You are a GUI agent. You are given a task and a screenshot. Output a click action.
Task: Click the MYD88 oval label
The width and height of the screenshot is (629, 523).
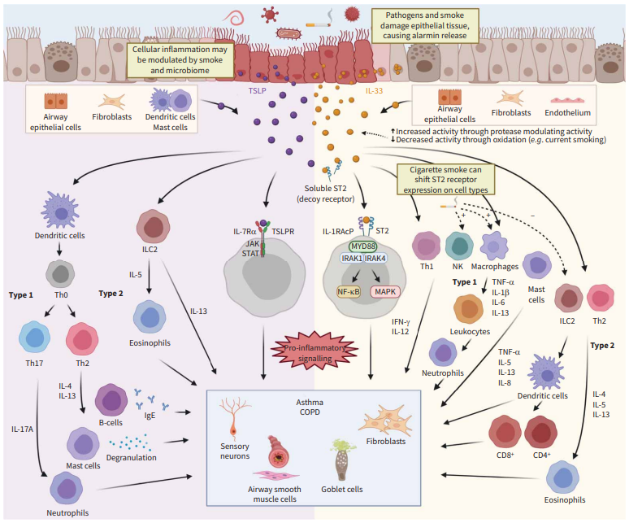click(363, 246)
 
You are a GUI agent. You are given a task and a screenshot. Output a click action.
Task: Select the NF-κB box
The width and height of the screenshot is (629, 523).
click(349, 291)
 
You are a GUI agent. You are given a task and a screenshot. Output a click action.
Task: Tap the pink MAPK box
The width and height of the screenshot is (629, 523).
click(385, 291)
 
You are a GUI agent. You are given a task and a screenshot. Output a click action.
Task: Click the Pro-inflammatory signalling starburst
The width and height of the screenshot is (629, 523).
click(314, 352)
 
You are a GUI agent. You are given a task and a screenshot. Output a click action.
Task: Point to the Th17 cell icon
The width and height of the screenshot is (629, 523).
click(34, 338)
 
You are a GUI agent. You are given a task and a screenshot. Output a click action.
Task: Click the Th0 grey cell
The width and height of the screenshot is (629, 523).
click(60, 274)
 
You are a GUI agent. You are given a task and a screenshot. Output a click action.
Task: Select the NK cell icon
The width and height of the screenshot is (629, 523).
click(459, 246)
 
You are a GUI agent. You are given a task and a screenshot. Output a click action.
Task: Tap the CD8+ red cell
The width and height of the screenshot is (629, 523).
click(505, 432)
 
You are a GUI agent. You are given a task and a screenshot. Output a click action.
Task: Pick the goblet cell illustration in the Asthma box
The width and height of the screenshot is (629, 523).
click(342, 460)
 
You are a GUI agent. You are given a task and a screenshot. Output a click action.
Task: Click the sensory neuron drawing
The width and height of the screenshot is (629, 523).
click(234, 418)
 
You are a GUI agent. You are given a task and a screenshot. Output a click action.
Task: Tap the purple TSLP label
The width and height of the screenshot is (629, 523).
click(257, 91)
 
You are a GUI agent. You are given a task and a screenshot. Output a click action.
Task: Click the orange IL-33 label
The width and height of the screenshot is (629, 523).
click(374, 91)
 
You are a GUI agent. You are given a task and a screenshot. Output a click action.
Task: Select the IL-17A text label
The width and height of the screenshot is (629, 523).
click(23, 429)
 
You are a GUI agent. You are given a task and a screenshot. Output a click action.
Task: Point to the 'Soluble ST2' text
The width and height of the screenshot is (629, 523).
click(325, 188)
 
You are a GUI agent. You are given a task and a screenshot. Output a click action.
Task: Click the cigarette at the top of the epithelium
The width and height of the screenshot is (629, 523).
click(318, 25)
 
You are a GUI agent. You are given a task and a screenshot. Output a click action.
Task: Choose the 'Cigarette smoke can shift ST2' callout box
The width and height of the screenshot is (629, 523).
click(445, 180)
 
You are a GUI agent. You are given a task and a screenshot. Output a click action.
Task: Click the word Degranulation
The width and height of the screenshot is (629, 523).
click(131, 458)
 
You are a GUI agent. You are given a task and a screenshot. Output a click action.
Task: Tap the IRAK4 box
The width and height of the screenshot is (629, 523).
click(375, 259)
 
